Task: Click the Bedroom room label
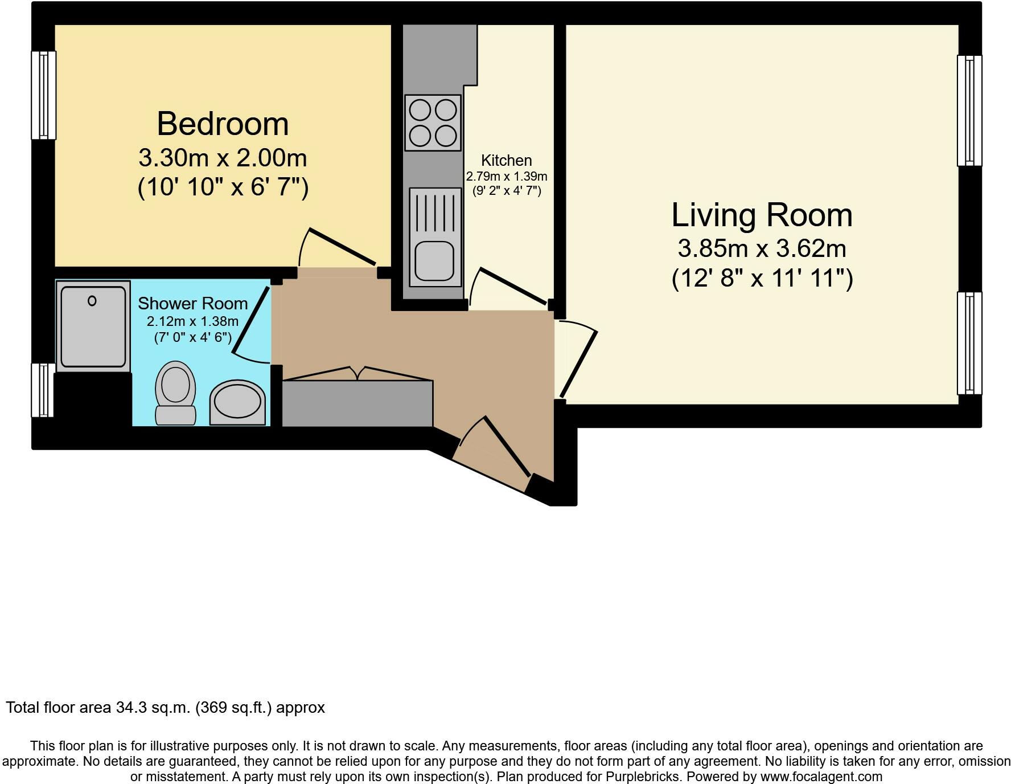(x=223, y=124)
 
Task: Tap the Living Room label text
(x=762, y=215)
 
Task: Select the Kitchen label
(x=506, y=161)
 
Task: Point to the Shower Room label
(x=192, y=303)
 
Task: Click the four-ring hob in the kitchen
(x=433, y=122)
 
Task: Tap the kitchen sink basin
(x=434, y=260)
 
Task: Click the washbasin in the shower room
(x=237, y=402)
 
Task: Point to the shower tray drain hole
(x=92, y=301)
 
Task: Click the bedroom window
(x=43, y=95)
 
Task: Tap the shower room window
(x=42, y=390)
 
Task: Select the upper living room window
(x=969, y=110)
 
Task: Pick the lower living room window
(x=969, y=343)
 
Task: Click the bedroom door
(x=342, y=246)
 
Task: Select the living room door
(x=579, y=363)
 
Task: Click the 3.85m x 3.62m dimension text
(x=762, y=248)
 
